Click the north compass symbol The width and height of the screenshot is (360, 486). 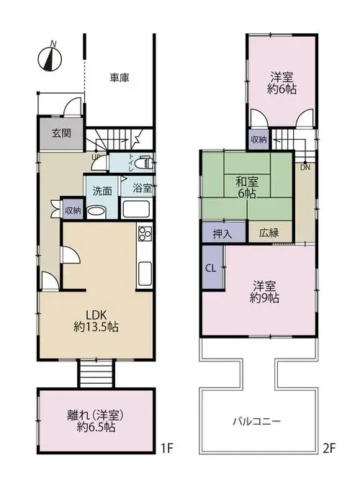coord(50,58)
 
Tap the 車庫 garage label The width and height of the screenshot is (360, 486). coord(120,78)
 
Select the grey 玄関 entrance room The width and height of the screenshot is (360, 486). coord(60,133)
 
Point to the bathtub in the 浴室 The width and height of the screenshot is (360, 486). coord(136,209)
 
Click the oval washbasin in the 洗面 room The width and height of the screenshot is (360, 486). coord(96,212)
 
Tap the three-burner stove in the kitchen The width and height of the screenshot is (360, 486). coord(145,234)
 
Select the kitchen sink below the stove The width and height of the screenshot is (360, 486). coord(145,274)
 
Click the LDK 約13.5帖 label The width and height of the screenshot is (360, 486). coord(96,321)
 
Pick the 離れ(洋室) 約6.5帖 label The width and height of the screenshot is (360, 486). coord(96,421)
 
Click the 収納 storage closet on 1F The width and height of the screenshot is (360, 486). coord(73,210)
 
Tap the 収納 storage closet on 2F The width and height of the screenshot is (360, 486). coord(258,140)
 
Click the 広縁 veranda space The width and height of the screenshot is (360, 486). coord(269,233)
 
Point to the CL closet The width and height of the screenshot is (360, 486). coord(212,268)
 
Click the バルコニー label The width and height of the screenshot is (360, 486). coord(257,421)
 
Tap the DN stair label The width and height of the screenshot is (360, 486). coord(305,168)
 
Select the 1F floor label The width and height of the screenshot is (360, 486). coord(167,448)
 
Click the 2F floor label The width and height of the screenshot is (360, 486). coord(329,448)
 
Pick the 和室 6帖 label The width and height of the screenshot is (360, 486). coord(247,187)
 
